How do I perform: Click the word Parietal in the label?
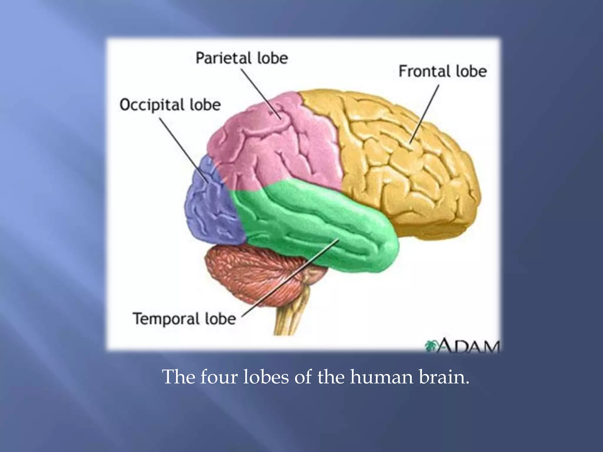tap(224, 58)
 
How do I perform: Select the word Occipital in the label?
tap(152, 105)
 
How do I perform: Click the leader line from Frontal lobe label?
tap(424, 115)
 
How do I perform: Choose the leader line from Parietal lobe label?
tap(261, 94)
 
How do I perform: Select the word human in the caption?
tap(382, 377)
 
